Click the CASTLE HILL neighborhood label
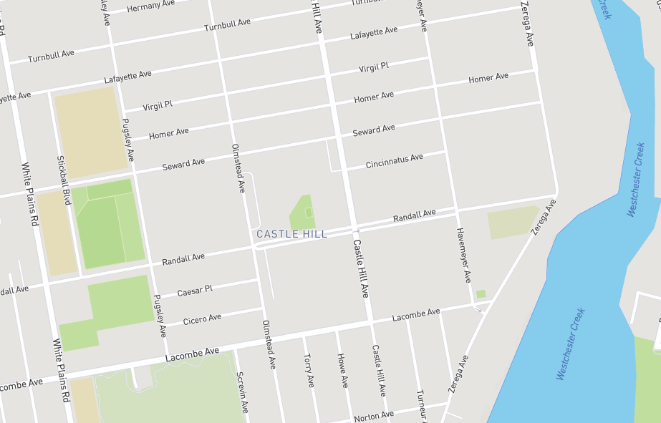[x=291, y=234]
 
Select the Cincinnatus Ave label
[x=395, y=161]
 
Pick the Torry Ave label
[x=309, y=370]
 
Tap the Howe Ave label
[x=342, y=370]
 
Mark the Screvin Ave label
[x=242, y=392]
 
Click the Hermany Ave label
[x=150, y=6]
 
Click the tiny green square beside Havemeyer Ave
[x=481, y=294]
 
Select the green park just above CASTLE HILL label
[x=304, y=213]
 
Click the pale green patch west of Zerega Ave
[x=511, y=223]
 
